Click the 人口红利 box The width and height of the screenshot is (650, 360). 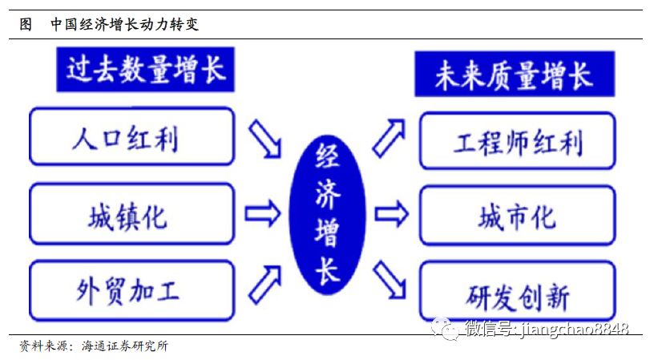pos(131,136)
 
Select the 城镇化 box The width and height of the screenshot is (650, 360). pos(131,214)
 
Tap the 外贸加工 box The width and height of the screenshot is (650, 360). pos(131,290)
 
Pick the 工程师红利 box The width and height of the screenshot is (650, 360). pos(517,140)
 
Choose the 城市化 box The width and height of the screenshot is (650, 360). pos(517,216)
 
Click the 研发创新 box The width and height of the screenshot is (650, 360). pos(517,291)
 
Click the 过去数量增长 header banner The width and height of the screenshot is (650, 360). pos(146,69)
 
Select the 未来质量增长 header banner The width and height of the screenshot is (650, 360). pos(515,74)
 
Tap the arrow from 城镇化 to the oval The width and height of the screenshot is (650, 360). pos(262,213)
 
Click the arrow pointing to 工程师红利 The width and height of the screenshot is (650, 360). pos(389,138)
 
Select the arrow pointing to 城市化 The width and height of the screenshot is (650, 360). pos(391,214)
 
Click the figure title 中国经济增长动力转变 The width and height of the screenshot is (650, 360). pos(125,24)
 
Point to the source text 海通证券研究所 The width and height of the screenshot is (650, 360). pos(125,346)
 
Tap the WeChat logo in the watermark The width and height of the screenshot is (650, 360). pos(445,329)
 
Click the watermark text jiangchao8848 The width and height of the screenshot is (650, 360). pos(574,330)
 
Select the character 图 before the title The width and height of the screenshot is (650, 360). pos(26,24)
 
